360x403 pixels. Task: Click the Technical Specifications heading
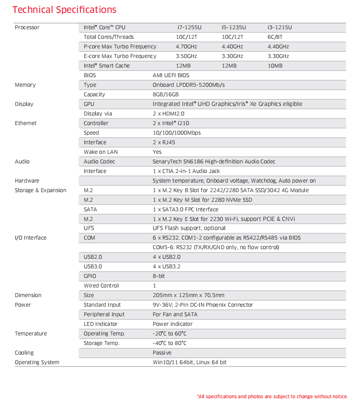[64, 10]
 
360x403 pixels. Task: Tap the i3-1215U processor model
[280, 27]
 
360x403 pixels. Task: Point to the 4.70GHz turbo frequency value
[186, 46]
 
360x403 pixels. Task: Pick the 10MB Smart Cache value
[275, 66]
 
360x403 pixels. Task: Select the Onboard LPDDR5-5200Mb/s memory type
[189, 85]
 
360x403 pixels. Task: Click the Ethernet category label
[25, 123]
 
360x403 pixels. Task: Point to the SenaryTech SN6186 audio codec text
[214, 161]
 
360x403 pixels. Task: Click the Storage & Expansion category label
[41, 190]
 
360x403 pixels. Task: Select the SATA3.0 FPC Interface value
[185, 209]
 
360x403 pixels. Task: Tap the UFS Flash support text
[189, 228]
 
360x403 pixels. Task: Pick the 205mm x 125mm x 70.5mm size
[188, 295]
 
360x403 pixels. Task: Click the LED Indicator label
[101, 324]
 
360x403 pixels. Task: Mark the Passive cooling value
[162, 353]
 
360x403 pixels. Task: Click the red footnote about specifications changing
[272, 396]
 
